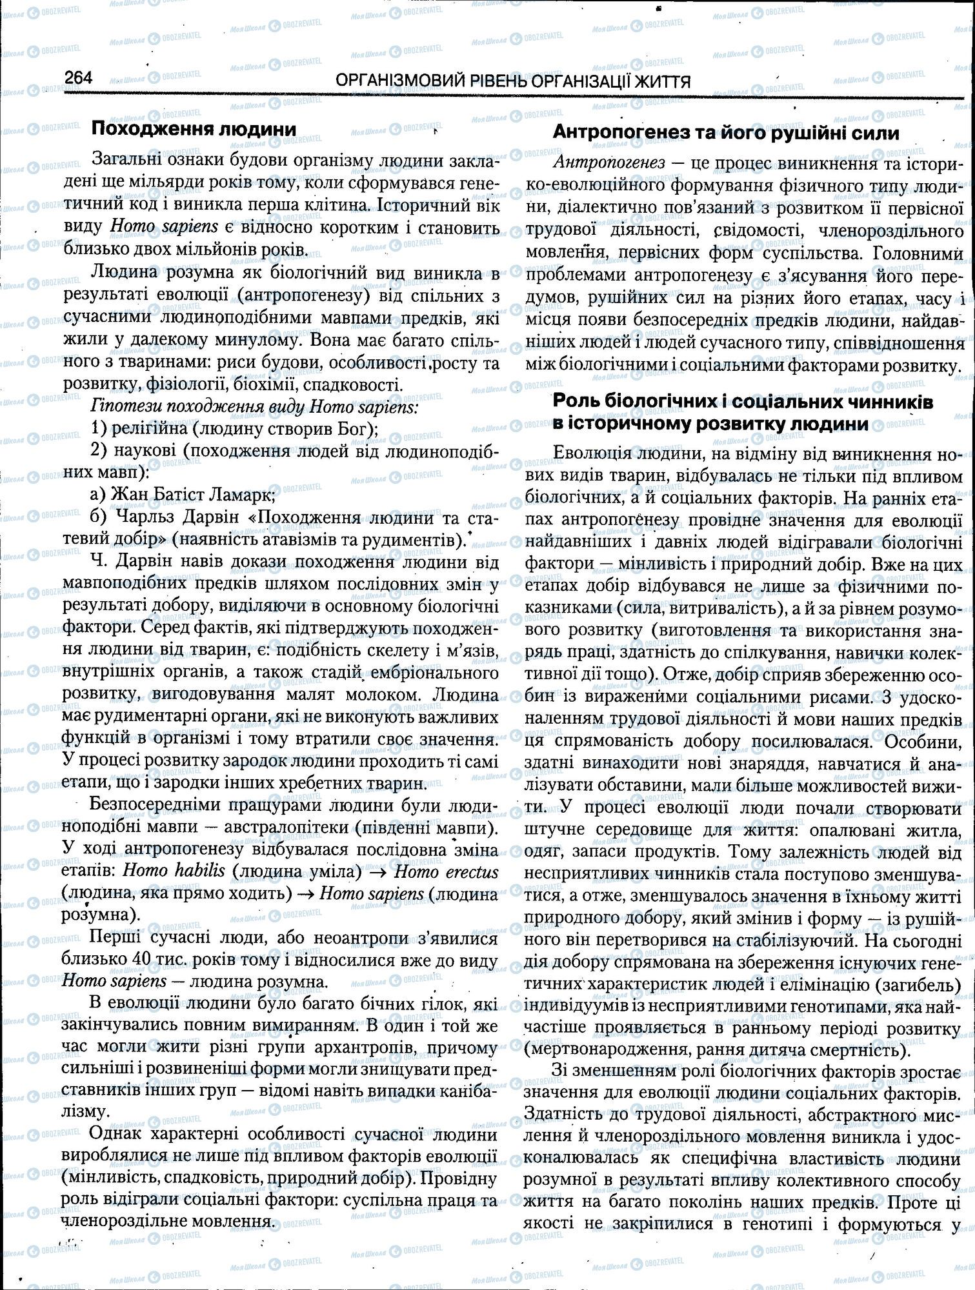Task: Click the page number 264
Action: click(79, 79)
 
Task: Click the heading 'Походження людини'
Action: click(194, 129)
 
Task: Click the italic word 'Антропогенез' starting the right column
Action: click(608, 163)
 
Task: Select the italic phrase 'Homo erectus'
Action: click(445, 871)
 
